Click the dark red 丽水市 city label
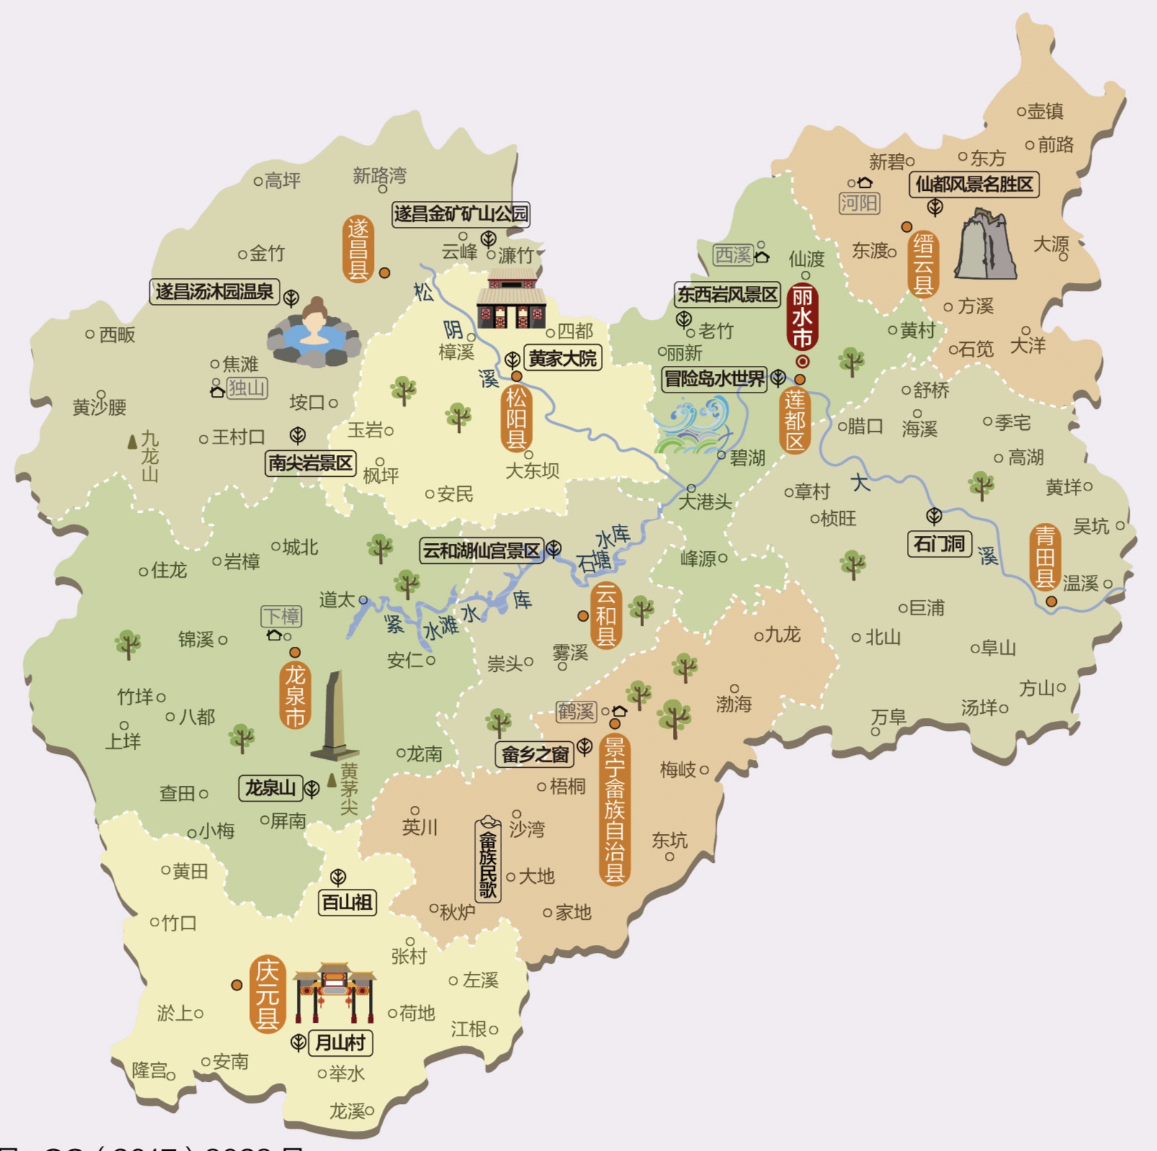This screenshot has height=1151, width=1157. [802, 317]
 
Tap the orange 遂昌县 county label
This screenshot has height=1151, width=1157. [358, 249]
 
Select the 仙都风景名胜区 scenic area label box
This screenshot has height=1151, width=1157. [973, 184]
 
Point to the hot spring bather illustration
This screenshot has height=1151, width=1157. [314, 335]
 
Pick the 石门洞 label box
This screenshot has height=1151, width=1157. [939, 544]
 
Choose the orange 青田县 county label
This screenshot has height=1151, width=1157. [1045, 557]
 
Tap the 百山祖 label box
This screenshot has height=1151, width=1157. [347, 903]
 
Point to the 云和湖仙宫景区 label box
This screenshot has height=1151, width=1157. [481, 551]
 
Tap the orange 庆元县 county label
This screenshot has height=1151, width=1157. [267, 994]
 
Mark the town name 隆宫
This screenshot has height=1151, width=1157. [150, 1070]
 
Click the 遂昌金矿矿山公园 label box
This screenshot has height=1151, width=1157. [460, 214]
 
